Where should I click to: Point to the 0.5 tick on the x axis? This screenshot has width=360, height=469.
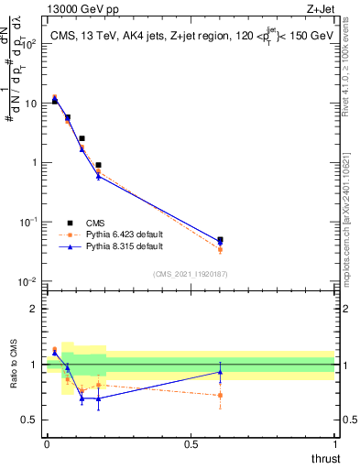[x=191, y=445]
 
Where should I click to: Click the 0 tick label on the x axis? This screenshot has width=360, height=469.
[x=47, y=445]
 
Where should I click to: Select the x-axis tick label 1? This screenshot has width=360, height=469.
[x=335, y=445]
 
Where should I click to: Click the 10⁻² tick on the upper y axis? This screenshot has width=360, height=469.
[x=29, y=281]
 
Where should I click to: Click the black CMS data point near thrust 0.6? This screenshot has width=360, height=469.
[x=220, y=240]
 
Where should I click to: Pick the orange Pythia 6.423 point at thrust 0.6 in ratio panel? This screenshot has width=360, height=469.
[x=220, y=396]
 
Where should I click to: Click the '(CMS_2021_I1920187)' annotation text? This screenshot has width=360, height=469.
[x=190, y=274]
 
